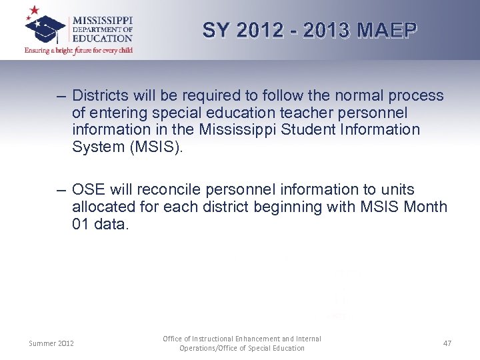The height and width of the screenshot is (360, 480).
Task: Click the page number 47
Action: coord(447,343)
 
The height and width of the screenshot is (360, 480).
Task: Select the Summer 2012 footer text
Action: coord(51,343)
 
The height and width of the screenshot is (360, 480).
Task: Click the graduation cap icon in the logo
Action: coord(45,25)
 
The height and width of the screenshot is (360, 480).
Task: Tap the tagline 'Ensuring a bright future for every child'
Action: coord(79,51)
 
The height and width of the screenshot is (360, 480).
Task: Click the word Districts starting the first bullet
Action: coord(101,96)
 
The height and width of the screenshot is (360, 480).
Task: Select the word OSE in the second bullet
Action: coord(87,190)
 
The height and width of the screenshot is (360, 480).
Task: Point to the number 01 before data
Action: coord(81,224)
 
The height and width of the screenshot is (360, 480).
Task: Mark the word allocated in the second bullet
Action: coord(103,207)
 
